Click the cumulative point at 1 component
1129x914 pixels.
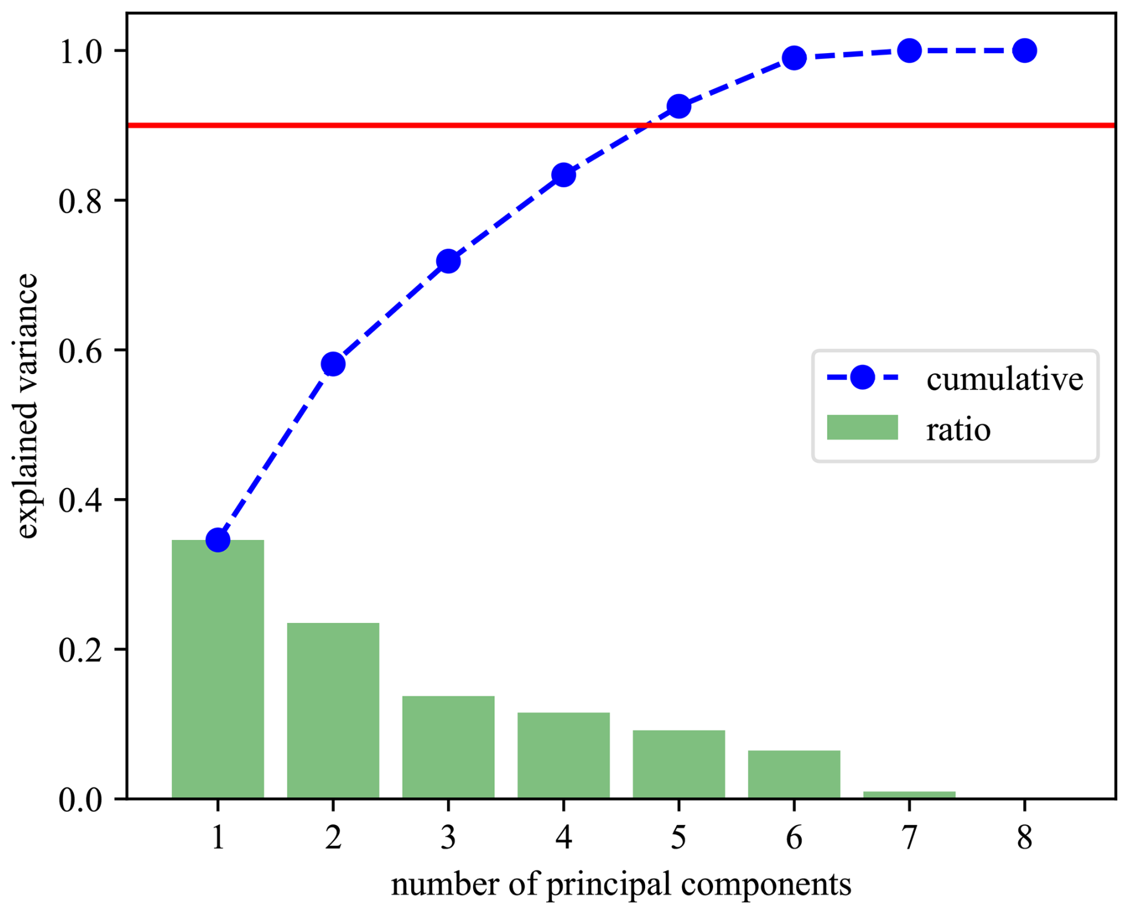[x=218, y=540]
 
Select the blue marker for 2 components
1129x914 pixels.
[x=333, y=363]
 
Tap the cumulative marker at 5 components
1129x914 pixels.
[x=678, y=106]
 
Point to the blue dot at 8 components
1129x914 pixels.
[x=1024, y=51]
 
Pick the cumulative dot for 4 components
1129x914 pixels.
[x=563, y=175]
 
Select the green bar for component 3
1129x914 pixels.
[x=448, y=747]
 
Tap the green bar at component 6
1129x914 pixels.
[x=794, y=774]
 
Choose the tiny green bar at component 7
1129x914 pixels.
[x=909, y=795]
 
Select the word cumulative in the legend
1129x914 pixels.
[x=1004, y=379]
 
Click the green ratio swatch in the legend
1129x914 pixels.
[x=862, y=427]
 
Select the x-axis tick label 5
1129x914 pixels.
[x=678, y=838]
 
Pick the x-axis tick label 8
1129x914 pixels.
[x=1024, y=838]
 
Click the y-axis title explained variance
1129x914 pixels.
[x=27, y=406]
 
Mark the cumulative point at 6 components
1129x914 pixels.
[x=794, y=58]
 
